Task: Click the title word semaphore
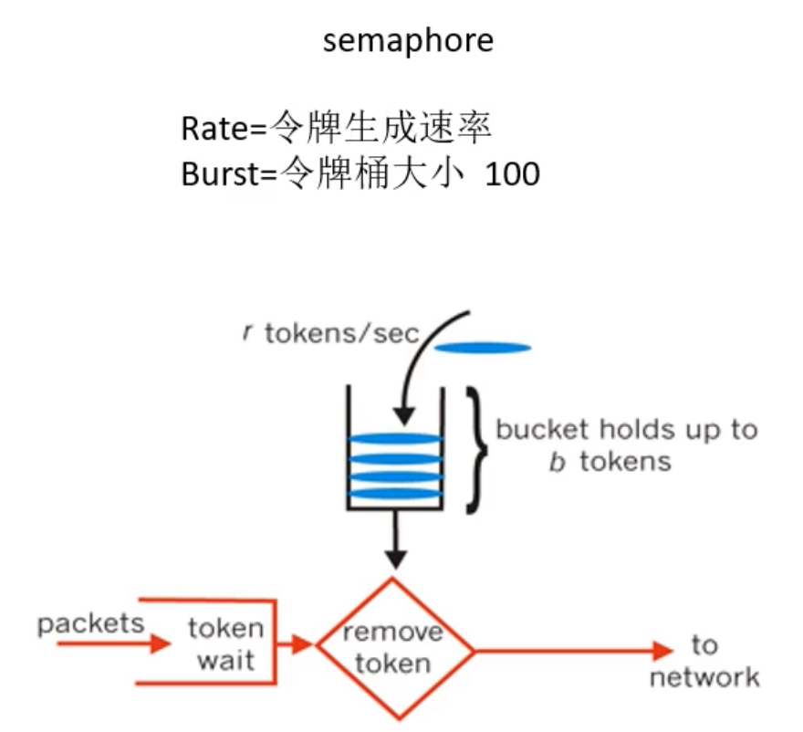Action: [407, 41]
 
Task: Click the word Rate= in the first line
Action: [223, 128]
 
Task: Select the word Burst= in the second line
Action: [227, 173]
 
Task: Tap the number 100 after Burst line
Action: [512, 173]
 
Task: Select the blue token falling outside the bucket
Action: [482, 347]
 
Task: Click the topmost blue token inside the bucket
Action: [395, 438]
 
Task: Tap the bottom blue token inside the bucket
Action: [395, 494]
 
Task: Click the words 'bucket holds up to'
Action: [626, 429]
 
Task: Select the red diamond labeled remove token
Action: [395, 648]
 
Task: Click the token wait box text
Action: [225, 643]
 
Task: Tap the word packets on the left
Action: [90, 623]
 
